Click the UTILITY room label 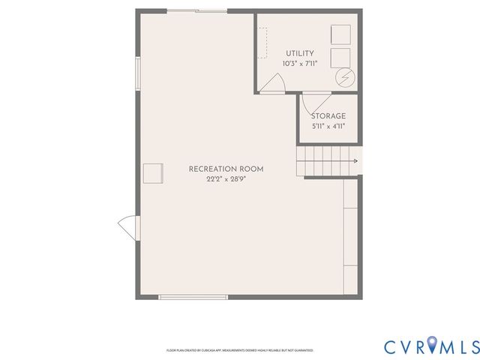299,53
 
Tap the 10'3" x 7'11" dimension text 299,64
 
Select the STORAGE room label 328,116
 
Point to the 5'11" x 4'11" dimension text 328,127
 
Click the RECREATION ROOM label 226,169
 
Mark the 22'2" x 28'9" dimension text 226,180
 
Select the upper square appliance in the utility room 341,34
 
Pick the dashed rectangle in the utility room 262,43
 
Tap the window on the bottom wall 182,297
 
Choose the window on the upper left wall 137,73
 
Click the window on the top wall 197,10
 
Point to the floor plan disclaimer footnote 239,350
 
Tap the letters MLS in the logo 459,346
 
